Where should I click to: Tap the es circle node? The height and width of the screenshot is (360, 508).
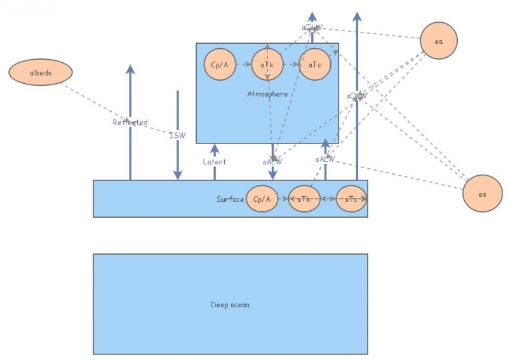pos(483,194)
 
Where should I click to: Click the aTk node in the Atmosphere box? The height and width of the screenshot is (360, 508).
pos(267,65)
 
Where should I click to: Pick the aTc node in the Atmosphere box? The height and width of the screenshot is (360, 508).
pos(315,65)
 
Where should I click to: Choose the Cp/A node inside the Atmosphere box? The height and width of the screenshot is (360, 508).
pos(220,65)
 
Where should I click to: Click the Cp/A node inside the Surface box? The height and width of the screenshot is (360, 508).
pos(262,199)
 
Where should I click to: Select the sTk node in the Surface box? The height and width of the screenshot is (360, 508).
pos(304,199)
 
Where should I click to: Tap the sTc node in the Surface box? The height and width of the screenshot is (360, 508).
pos(351,199)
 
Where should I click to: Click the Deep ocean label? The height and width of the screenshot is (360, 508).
pos(230,305)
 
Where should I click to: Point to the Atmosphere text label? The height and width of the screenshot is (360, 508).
pos(267,94)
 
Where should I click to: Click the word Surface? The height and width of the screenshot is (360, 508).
pos(230,199)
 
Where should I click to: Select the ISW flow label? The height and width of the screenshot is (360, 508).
pos(177,135)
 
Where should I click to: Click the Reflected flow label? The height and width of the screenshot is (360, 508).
pos(130,123)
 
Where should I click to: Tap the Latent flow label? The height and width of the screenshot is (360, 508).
pos(214,162)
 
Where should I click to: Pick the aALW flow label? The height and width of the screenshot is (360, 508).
pos(272,162)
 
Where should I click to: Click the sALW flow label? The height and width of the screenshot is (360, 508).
pos(325,159)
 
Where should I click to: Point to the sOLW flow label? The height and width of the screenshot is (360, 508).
pos(357,96)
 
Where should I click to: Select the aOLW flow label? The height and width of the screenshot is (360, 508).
pos(312,28)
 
